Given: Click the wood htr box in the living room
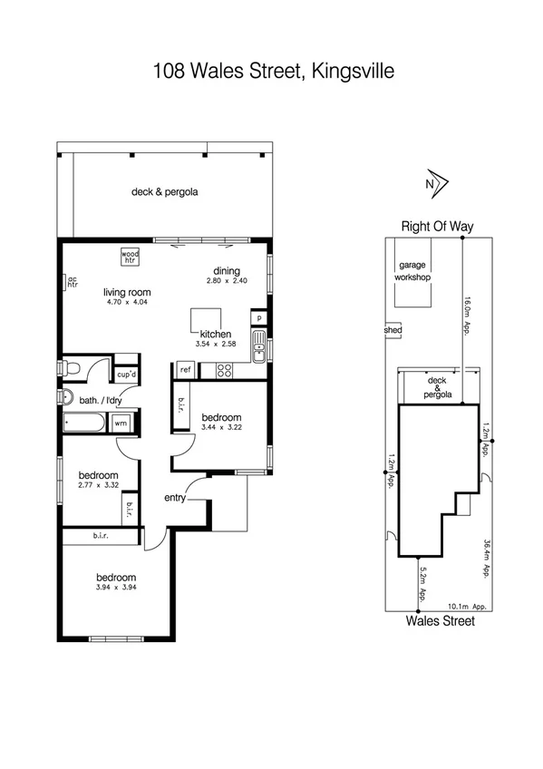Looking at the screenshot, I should click(131, 257).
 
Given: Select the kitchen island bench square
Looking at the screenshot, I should click(203, 320).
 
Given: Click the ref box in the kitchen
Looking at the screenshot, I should click(185, 369).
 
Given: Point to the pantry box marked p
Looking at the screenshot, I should click(258, 319).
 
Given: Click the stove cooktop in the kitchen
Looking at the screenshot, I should click(224, 370).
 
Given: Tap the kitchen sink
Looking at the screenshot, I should click(259, 346).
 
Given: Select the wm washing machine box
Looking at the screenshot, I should click(121, 423).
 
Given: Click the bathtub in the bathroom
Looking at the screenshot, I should click(84, 423).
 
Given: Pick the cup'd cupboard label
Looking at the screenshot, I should click(126, 374).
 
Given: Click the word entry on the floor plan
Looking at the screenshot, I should click(176, 498).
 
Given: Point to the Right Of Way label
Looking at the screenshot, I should click(438, 227).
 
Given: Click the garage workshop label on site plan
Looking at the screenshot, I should click(412, 271).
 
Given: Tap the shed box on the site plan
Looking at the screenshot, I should click(393, 331).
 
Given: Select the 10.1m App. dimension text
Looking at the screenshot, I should click(468, 607).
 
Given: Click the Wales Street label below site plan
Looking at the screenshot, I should click(440, 621).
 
